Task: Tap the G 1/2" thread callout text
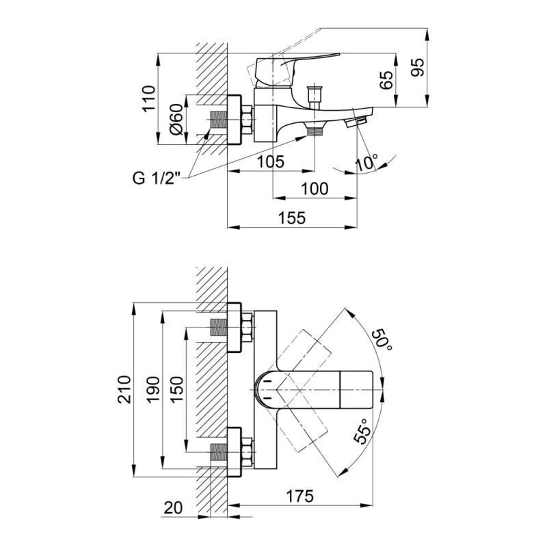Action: click(156, 179)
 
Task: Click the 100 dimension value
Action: click(314, 189)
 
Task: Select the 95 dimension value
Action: click(418, 66)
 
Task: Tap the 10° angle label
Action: click(366, 163)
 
